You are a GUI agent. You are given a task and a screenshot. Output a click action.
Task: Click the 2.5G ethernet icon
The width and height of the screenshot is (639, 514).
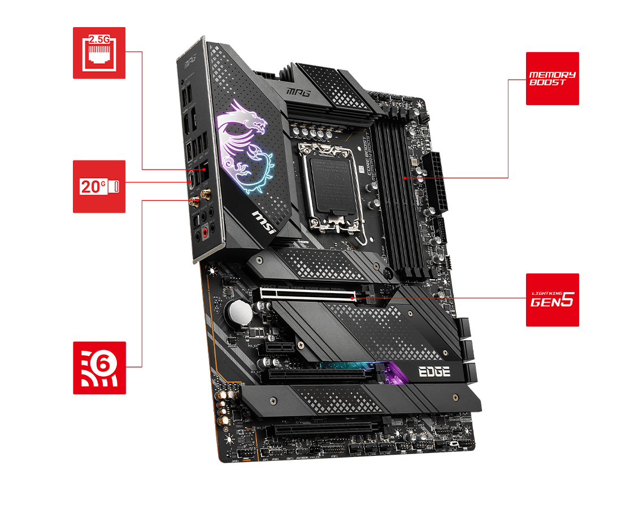(x=99, y=53)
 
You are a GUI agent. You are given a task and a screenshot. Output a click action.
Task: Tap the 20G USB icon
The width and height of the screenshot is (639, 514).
(x=99, y=186)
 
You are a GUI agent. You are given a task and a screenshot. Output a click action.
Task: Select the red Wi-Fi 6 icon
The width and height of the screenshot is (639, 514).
(x=99, y=368)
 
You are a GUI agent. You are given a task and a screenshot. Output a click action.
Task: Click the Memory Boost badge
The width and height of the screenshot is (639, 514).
(x=552, y=79)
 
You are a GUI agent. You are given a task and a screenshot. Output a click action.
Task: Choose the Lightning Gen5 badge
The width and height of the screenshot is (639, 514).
(x=552, y=300)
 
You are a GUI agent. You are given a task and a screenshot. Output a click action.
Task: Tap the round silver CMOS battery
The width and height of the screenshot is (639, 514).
(x=238, y=310)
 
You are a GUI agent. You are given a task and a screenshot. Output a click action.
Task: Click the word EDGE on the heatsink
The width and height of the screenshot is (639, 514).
(x=433, y=372)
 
